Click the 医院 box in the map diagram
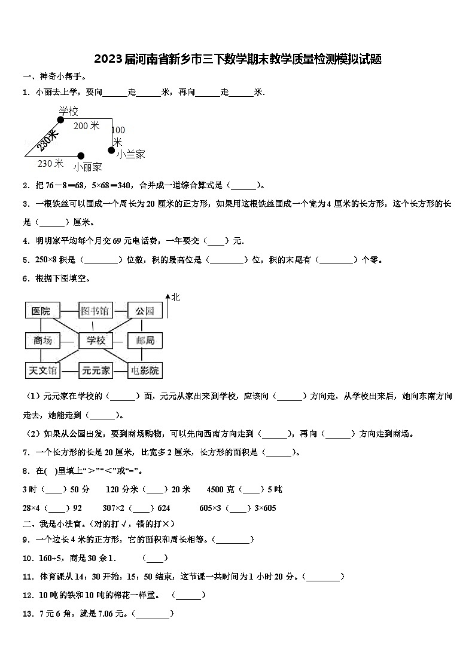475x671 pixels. pyautogui.click(x=41, y=311)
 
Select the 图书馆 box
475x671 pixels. pyautogui.click(x=95, y=311)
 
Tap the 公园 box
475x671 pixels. pyautogui.click(x=145, y=311)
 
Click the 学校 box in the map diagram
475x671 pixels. pyautogui.click(x=96, y=341)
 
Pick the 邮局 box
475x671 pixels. pyautogui.click(x=145, y=341)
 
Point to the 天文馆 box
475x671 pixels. pyautogui.click(x=42, y=370)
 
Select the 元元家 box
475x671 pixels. pyautogui.click(x=96, y=370)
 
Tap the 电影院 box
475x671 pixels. pyautogui.click(x=145, y=370)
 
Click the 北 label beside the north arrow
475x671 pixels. pyautogui.click(x=175, y=297)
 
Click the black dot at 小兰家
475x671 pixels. pyautogui.click(x=111, y=149)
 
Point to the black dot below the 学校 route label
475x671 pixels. pyautogui.click(x=60, y=120)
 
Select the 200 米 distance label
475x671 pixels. pyautogui.click(x=86, y=126)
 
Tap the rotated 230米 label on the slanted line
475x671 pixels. pyautogui.click(x=47, y=142)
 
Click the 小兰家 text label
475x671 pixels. pyautogui.click(x=131, y=154)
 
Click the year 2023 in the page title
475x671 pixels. pyautogui.click(x=108, y=59)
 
